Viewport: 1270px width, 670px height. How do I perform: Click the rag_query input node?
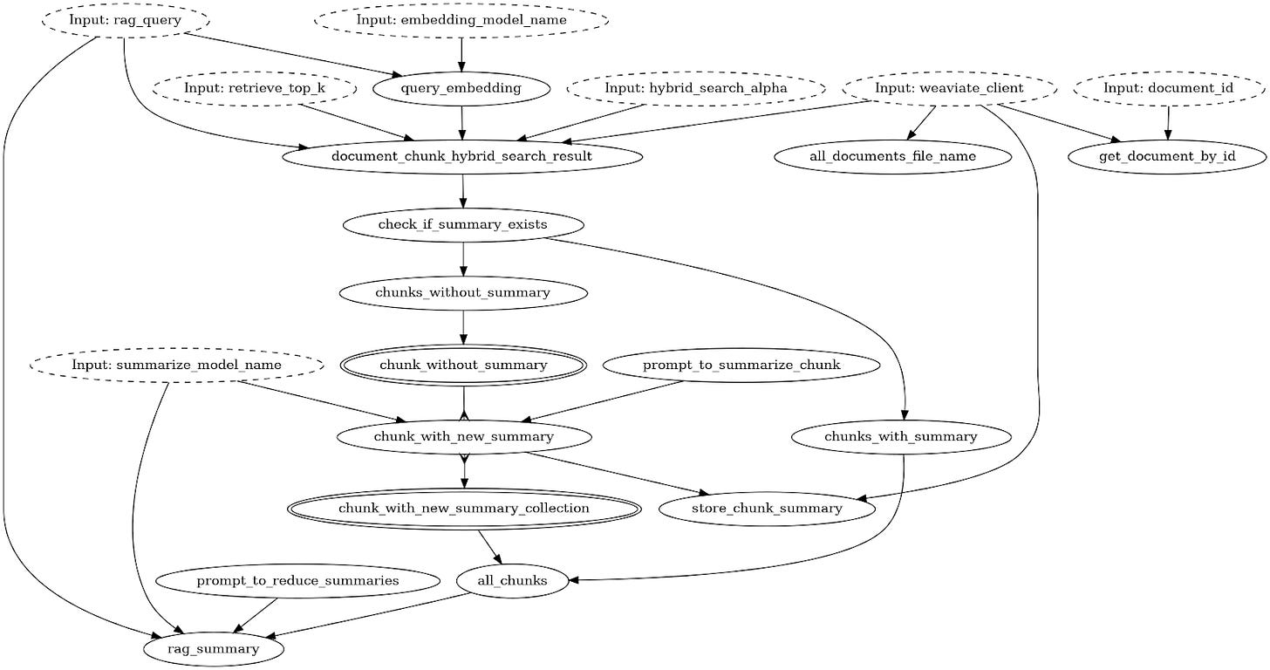[126, 19]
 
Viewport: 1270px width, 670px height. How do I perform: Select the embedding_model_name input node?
[461, 19]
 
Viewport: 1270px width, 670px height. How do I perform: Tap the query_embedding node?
[461, 88]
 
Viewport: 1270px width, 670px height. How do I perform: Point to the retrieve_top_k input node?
[254, 88]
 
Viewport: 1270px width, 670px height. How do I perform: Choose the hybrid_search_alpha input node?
[695, 88]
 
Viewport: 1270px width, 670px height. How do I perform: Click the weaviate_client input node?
[949, 88]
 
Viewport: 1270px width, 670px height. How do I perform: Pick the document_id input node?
[1169, 88]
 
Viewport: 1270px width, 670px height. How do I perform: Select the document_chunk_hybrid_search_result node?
[462, 156]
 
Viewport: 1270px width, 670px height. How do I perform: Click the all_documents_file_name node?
[892, 156]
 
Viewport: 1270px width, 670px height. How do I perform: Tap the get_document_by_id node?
[1167, 156]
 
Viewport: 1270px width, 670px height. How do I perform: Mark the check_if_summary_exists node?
[462, 225]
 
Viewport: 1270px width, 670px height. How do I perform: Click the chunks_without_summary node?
[462, 293]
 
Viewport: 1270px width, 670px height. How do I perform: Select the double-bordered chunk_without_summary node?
[462, 365]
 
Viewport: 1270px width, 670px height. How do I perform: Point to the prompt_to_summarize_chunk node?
[741, 365]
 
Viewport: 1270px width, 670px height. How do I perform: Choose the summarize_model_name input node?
[176, 365]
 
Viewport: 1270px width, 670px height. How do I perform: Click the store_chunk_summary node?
[767, 509]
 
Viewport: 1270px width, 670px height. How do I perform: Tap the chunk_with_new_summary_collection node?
[464, 509]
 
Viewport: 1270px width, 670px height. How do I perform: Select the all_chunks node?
[512, 580]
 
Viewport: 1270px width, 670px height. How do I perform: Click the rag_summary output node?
[214, 649]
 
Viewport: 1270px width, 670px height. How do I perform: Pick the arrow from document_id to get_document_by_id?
[1168, 122]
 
